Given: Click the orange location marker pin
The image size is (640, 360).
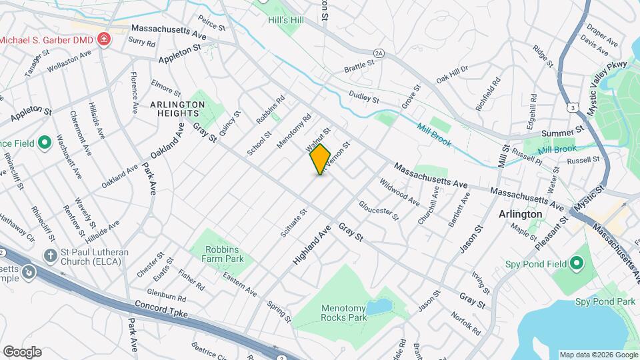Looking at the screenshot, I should coord(320,159).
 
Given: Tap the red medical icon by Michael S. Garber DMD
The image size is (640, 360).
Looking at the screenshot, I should coord(103,41).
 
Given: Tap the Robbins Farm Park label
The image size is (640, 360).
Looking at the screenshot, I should coord(217,252).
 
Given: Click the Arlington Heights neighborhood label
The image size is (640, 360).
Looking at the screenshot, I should coord(177,109).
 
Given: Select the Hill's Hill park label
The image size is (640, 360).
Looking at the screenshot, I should coord(285,21).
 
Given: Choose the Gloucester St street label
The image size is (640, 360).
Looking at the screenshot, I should coord(379,211).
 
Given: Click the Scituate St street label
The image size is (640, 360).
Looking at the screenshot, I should coord(294,223).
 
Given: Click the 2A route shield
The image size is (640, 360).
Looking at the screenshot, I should coord(379,53).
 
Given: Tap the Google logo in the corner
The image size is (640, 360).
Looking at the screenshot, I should coord(22,351).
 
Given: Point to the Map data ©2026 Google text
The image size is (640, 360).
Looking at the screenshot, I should coord(598,355).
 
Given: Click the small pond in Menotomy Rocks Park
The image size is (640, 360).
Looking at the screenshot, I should coord(380,307).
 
